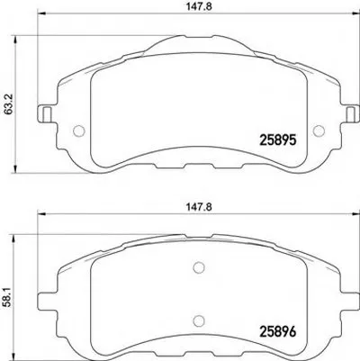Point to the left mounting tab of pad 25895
pyautogui.click(x=41, y=115)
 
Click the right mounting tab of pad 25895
pyautogui.click(x=318, y=115)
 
